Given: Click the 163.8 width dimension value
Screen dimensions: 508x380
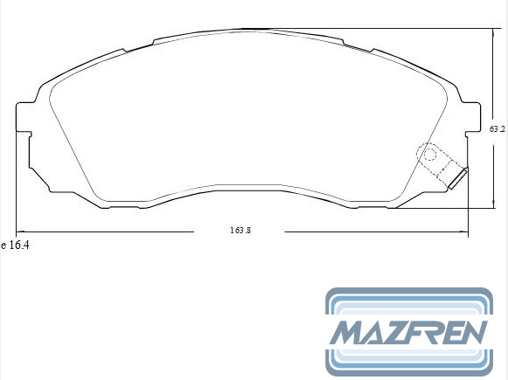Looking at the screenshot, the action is click(x=240, y=231).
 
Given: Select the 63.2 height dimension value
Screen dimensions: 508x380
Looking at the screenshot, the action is click(x=498, y=129).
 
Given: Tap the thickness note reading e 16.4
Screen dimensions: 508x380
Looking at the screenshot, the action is click(x=15, y=245).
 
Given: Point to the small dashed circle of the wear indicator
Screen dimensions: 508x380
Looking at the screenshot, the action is click(x=430, y=155).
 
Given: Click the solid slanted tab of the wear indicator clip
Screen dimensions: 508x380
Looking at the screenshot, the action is click(x=458, y=179).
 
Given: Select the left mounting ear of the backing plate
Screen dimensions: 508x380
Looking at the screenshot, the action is click(x=24, y=117).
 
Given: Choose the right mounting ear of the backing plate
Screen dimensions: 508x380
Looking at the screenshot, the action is click(x=472, y=117).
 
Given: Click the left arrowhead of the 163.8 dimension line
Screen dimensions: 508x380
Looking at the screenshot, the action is click(x=20, y=231).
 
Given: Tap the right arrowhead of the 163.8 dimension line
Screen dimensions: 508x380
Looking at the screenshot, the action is click(x=464, y=231).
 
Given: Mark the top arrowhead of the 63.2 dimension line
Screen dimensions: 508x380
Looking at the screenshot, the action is click(x=493, y=32).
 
